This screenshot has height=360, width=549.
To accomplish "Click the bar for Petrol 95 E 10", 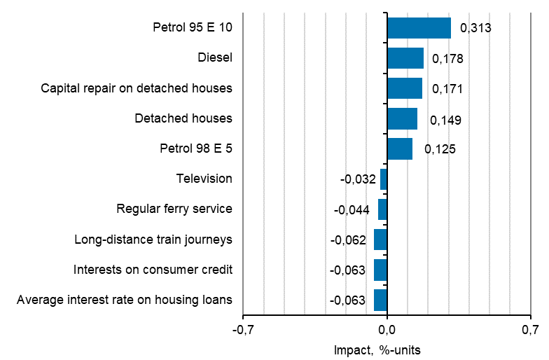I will pos(419,28).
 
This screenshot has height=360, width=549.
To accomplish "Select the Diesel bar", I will pos(405,58).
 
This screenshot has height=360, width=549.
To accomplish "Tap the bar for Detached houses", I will pos(402,119).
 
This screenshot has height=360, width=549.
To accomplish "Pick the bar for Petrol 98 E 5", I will pos(400,149).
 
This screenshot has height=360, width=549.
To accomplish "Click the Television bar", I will pos(384,179).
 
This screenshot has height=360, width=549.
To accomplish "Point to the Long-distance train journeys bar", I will pos(380,240).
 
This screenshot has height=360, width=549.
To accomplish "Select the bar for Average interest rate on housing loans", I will pos(380,300).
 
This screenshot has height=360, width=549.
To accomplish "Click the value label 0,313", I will pos(475,28).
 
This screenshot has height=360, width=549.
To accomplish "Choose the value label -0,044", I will pos(352,209).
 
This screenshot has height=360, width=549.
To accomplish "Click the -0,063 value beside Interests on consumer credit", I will pos(347,270).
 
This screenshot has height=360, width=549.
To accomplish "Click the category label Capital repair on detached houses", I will pos(137,88).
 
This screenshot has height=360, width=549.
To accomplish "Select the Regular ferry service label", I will pos(174,209).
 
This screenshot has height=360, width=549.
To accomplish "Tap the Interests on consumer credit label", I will pos(153,270).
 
